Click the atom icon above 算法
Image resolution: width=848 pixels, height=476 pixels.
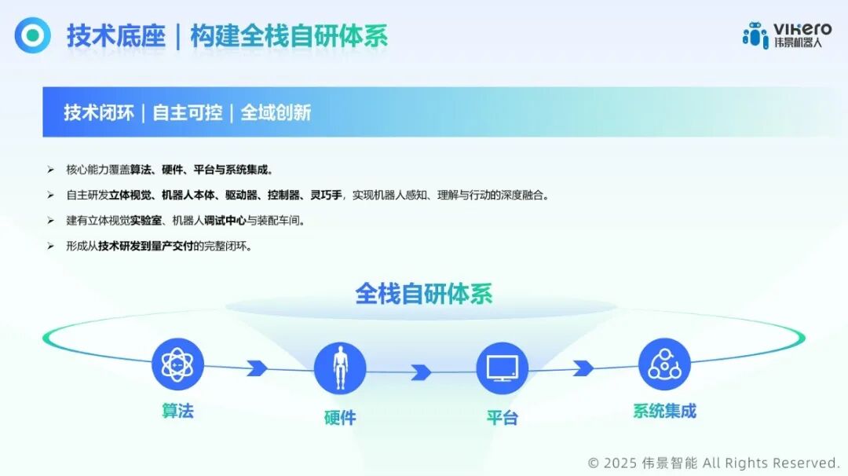pos(177,364)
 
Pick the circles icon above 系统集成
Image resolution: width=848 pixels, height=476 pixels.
pos(664,364)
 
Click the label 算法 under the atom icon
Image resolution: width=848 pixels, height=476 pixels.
pos(177,411)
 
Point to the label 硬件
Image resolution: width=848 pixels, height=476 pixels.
pos(340,418)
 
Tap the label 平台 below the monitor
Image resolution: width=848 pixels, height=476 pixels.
pos(502,418)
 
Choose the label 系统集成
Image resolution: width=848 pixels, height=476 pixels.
pos(664,411)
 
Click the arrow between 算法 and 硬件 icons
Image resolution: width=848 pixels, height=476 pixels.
pos(257,367)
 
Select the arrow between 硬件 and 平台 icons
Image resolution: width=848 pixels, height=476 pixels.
pos(421,372)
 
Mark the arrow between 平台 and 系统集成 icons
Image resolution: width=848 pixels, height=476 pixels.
pos(583,368)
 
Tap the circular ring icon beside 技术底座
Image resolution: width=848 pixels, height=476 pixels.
pos(32,35)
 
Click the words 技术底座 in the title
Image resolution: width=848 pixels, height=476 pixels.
pos(115,36)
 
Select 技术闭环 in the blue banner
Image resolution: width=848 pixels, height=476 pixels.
pos(99,112)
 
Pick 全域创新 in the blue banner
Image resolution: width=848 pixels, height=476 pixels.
pos(276,112)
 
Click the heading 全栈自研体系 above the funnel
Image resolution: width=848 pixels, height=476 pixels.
pos(424,294)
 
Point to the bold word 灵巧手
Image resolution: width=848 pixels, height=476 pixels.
pos(326,195)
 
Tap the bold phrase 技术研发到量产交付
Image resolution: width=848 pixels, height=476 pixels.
pos(145,246)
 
